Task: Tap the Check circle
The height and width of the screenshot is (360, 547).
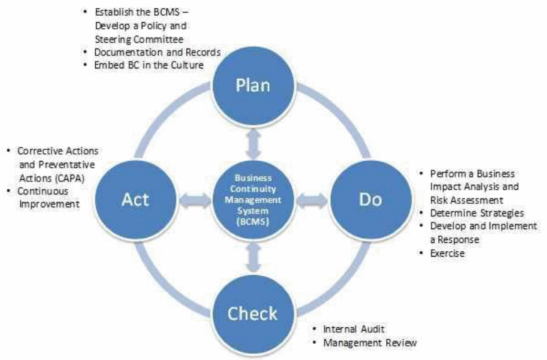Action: click(253, 314)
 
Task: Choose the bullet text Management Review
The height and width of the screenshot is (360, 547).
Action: click(370, 342)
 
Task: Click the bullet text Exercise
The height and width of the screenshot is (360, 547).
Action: click(448, 254)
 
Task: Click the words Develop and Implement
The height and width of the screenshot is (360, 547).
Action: click(483, 227)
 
